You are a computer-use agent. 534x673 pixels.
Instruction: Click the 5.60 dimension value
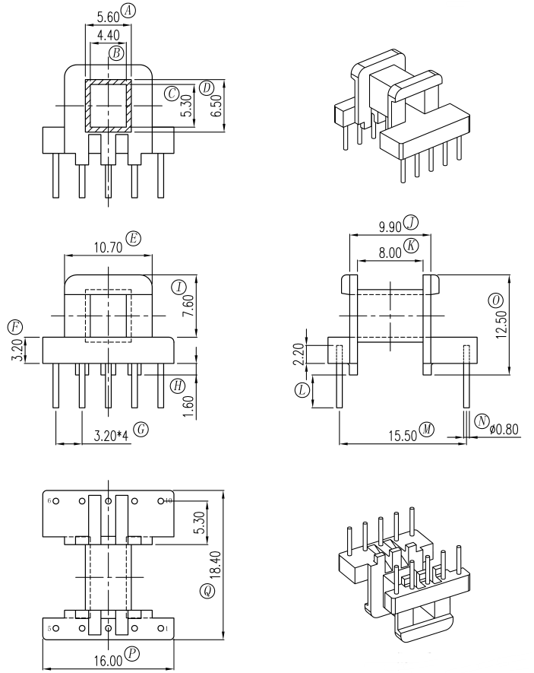pos(108,17)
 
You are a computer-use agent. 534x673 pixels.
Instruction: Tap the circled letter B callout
pos(116,54)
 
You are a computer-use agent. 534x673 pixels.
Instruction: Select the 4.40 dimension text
pos(109,35)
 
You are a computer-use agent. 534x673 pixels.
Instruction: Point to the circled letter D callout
pos(207,88)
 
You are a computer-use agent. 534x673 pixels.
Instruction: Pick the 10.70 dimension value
pos(109,248)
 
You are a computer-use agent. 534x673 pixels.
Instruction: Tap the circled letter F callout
pos(15,328)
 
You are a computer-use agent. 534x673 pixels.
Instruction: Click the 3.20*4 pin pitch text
pos(111,436)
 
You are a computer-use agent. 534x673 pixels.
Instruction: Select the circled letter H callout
pos(178,386)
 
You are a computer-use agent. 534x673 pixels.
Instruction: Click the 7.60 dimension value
pos(189,306)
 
